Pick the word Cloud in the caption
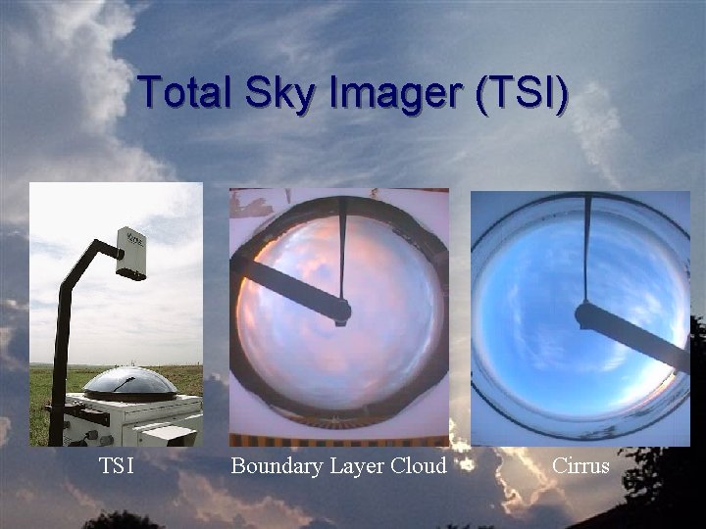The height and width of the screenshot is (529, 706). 418,466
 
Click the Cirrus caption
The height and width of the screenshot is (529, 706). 580,466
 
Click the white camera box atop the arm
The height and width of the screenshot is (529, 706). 130,254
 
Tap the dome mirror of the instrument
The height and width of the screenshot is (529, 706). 129,383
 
